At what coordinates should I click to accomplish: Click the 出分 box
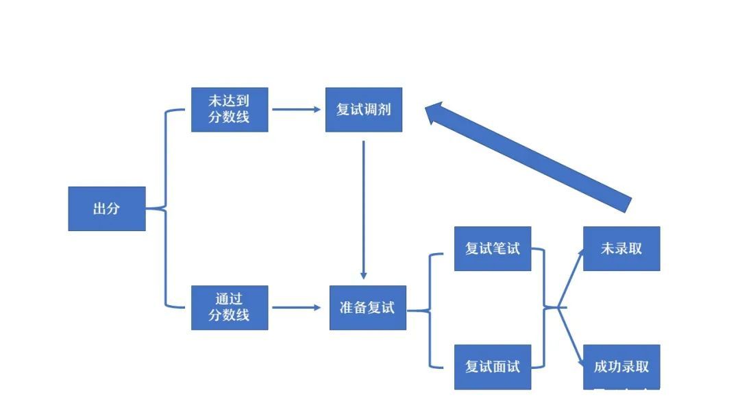106,208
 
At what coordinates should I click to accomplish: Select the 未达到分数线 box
230,109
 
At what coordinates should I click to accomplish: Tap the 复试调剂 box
363,109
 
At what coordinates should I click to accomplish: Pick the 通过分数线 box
230,307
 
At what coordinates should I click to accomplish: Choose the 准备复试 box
367,307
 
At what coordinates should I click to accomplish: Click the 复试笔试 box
493,248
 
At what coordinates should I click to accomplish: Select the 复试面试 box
493,366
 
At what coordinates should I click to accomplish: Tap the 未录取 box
621,248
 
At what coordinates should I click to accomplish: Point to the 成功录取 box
621,366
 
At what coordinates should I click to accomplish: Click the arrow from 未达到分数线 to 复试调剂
296,109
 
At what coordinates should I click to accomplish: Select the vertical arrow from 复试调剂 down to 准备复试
363,206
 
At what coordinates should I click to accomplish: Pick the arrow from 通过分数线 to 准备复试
296,307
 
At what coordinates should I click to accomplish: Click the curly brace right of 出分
165,208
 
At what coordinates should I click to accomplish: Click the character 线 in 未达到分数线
243,117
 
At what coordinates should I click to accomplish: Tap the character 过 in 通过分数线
237,299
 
